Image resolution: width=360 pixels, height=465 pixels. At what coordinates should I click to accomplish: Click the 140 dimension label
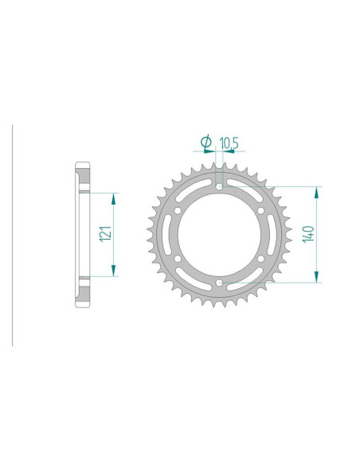[x=308, y=234]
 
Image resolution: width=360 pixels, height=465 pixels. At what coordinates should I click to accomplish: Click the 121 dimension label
[x=106, y=233]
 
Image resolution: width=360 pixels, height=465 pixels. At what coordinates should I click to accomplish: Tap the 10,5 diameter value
[x=229, y=143]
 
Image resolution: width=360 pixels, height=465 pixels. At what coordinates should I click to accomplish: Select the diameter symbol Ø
[x=206, y=142]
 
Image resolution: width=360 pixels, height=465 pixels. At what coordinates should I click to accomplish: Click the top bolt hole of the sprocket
[x=219, y=187]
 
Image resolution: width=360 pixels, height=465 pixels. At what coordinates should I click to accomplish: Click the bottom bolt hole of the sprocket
[x=219, y=283]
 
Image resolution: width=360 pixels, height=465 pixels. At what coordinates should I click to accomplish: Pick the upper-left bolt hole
[x=178, y=211]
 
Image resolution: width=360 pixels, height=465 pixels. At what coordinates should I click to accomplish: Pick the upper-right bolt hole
[x=260, y=211]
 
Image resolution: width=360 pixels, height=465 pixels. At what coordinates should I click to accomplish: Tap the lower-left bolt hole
[x=178, y=259]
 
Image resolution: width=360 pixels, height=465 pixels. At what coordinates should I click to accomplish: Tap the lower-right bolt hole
[x=260, y=259]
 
